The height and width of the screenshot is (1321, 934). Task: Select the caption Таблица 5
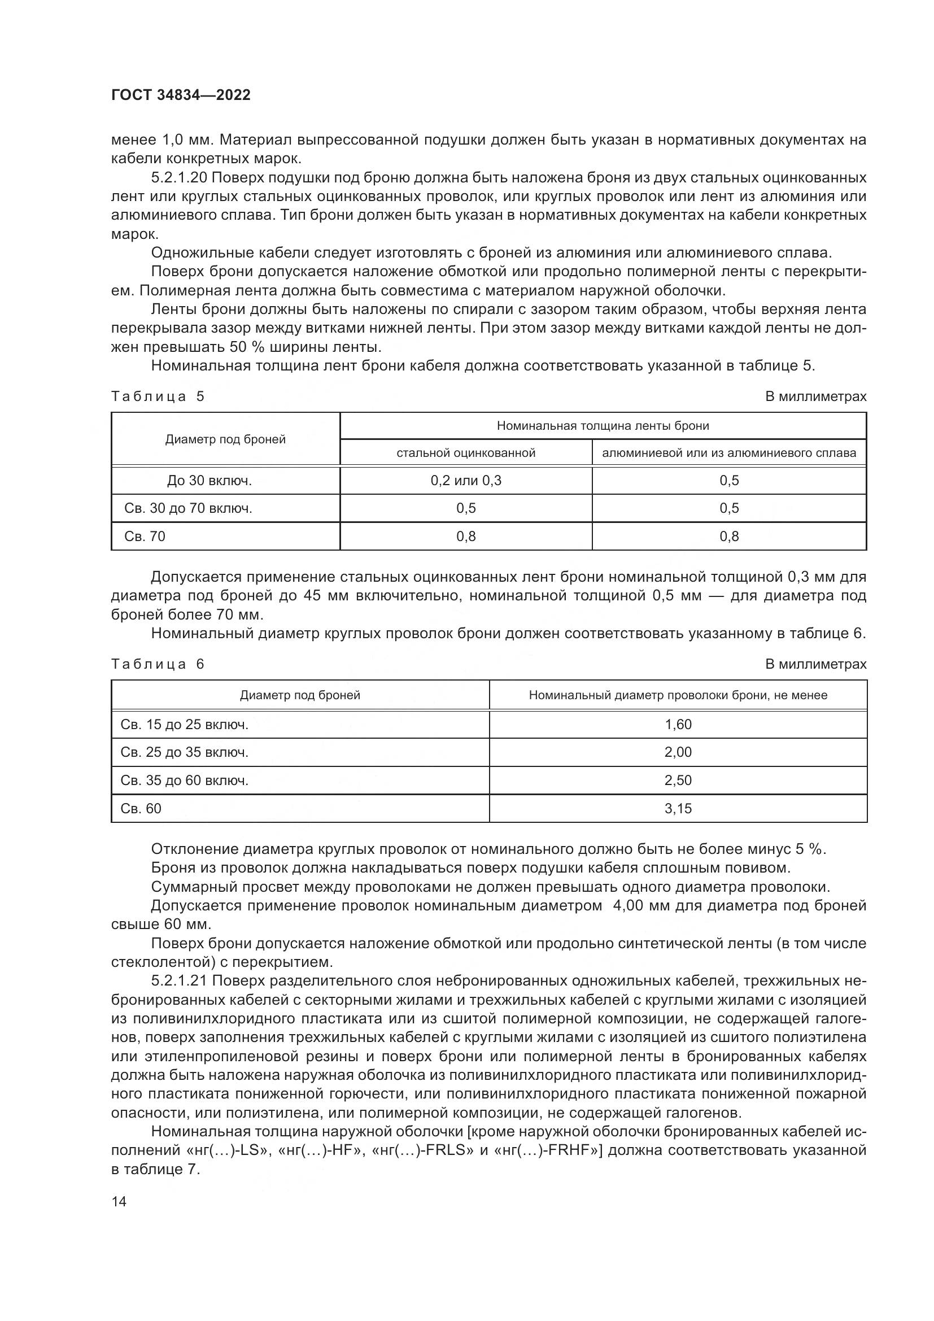click(x=158, y=396)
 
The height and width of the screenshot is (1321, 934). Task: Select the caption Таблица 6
click(x=158, y=664)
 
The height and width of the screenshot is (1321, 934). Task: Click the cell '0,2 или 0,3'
click(x=465, y=481)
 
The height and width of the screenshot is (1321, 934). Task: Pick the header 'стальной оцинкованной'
click(x=465, y=453)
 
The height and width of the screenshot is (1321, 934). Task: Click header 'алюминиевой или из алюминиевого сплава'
click(x=728, y=453)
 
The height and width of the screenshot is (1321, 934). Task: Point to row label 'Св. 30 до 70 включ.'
click(x=188, y=508)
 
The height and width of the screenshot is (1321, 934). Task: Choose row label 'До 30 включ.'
click(x=210, y=481)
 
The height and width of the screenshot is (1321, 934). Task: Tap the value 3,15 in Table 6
click(x=678, y=808)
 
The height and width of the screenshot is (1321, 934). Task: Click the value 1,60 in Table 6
click(x=678, y=725)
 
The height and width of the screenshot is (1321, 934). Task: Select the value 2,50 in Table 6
click(x=678, y=780)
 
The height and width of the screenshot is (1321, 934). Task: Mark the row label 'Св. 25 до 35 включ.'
click(x=184, y=752)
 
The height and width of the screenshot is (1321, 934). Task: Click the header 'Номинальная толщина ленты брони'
click(x=602, y=426)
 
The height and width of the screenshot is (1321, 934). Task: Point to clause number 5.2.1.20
click(x=182, y=178)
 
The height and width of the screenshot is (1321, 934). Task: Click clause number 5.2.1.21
click(x=182, y=980)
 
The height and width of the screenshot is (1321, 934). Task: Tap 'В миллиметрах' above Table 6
click(x=815, y=664)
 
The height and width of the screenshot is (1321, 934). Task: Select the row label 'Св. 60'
click(x=141, y=808)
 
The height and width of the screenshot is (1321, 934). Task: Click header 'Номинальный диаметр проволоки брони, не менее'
click(x=678, y=695)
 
